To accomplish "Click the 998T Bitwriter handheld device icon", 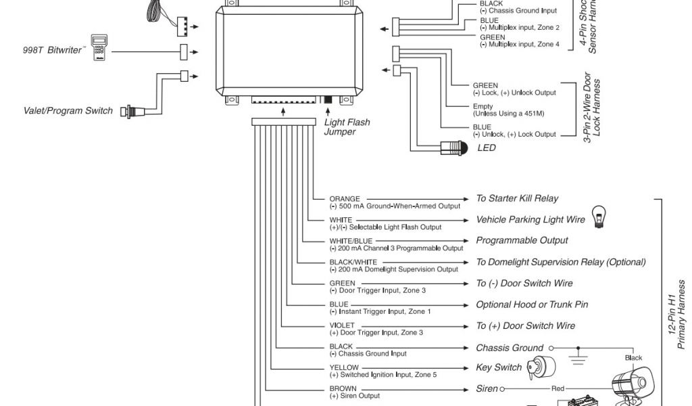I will [x=100, y=46].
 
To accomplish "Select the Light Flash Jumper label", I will [x=347, y=127].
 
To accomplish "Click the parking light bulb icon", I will [x=598, y=215].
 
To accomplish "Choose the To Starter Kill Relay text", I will [x=517, y=198].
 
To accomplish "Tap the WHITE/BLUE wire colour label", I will [x=351, y=241].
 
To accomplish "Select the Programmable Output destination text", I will [x=522, y=240].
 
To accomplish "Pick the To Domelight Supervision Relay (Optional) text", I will [x=560, y=262].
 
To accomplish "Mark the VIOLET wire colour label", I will [x=342, y=325].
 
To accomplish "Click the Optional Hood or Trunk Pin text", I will [x=532, y=304].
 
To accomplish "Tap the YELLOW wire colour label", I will [x=344, y=367].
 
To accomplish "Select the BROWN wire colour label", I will [x=343, y=389].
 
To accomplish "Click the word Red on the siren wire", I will [x=558, y=389].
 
